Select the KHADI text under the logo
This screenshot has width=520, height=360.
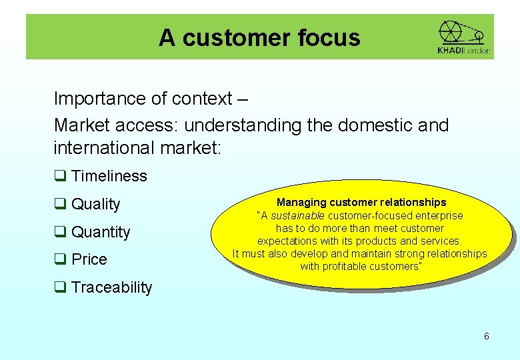(x=451, y=50)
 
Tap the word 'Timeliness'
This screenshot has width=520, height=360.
(x=109, y=176)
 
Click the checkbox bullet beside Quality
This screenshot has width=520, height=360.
(x=59, y=204)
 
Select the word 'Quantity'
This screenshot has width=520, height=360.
(x=101, y=232)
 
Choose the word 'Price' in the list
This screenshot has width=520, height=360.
(x=89, y=259)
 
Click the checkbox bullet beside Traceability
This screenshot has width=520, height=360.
(x=59, y=287)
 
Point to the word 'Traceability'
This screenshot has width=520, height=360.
(x=111, y=287)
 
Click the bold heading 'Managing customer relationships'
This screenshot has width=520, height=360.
(x=361, y=202)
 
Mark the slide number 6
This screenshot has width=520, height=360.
(x=486, y=337)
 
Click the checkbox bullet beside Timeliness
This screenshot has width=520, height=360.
(x=59, y=176)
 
